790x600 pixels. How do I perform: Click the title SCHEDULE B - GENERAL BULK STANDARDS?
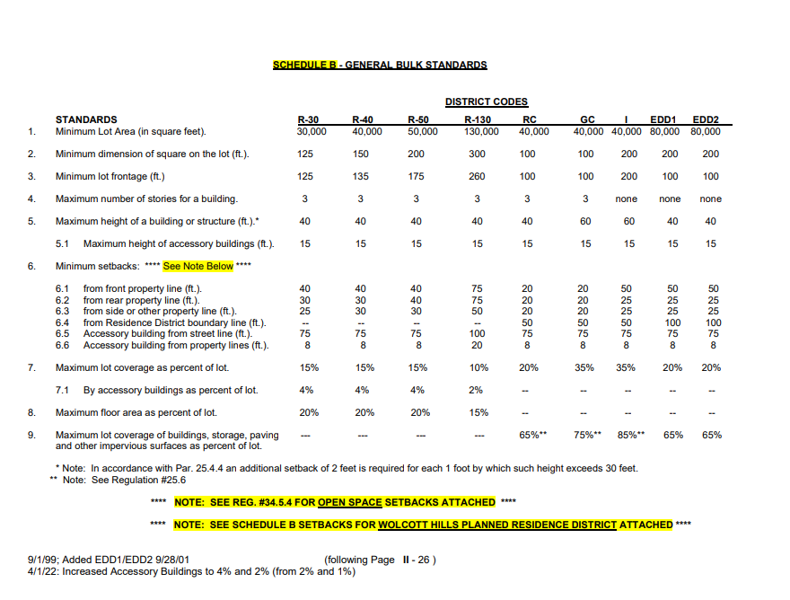(x=380, y=66)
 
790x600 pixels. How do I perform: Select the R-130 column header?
(x=478, y=119)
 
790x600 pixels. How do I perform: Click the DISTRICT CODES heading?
(x=487, y=102)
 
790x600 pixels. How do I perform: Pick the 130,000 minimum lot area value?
(x=478, y=131)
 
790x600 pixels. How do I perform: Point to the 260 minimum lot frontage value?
(x=478, y=177)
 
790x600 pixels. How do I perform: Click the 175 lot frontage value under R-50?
(x=417, y=177)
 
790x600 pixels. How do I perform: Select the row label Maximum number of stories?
(x=146, y=199)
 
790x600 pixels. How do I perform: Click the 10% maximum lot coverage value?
(x=478, y=367)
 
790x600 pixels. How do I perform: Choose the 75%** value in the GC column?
(x=587, y=435)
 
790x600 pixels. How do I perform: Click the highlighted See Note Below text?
(x=198, y=266)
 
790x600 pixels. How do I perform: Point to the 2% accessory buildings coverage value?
(x=477, y=390)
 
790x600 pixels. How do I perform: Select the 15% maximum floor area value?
(x=478, y=413)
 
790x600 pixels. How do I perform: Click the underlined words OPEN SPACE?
(x=352, y=502)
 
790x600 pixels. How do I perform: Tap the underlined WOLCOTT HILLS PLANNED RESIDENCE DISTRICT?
(x=497, y=525)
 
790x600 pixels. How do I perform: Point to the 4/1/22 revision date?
(x=43, y=571)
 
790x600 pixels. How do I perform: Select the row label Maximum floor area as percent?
(x=136, y=413)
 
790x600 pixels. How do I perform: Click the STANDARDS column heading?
(x=86, y=119)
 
